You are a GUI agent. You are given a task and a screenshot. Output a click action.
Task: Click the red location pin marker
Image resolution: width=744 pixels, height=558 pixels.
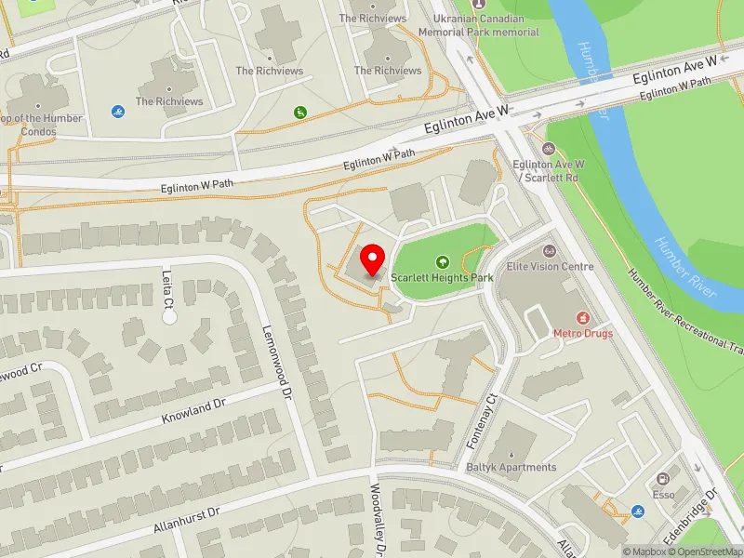[x=373, y=259]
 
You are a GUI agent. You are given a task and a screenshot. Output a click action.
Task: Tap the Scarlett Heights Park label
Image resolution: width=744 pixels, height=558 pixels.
[x=441, y=277]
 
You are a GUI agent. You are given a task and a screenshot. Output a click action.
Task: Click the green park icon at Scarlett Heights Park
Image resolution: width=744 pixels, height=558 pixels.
[x=443, y=262]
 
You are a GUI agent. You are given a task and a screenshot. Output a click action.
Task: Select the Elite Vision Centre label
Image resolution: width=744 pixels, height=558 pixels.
[x=550, y=267]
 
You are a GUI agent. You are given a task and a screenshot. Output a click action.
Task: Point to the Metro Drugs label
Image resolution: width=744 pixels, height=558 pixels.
[x=583, y=333]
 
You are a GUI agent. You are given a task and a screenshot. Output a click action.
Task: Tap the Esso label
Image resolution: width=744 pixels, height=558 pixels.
[x=663, y=495]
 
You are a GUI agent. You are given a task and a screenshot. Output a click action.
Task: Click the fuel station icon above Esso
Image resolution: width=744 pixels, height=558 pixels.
[x=664, y=478]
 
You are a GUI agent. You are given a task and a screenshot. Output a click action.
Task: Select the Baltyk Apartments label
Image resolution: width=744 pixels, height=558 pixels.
[x=512, y=467]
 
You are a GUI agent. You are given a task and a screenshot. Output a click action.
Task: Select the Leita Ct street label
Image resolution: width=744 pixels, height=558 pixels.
[x=168, y=289]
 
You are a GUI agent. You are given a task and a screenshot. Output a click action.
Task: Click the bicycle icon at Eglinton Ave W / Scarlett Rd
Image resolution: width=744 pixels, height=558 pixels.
[x=549, y=148]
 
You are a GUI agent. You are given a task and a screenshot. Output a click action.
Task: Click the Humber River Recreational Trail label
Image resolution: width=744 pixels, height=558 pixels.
[x=687, y=312]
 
